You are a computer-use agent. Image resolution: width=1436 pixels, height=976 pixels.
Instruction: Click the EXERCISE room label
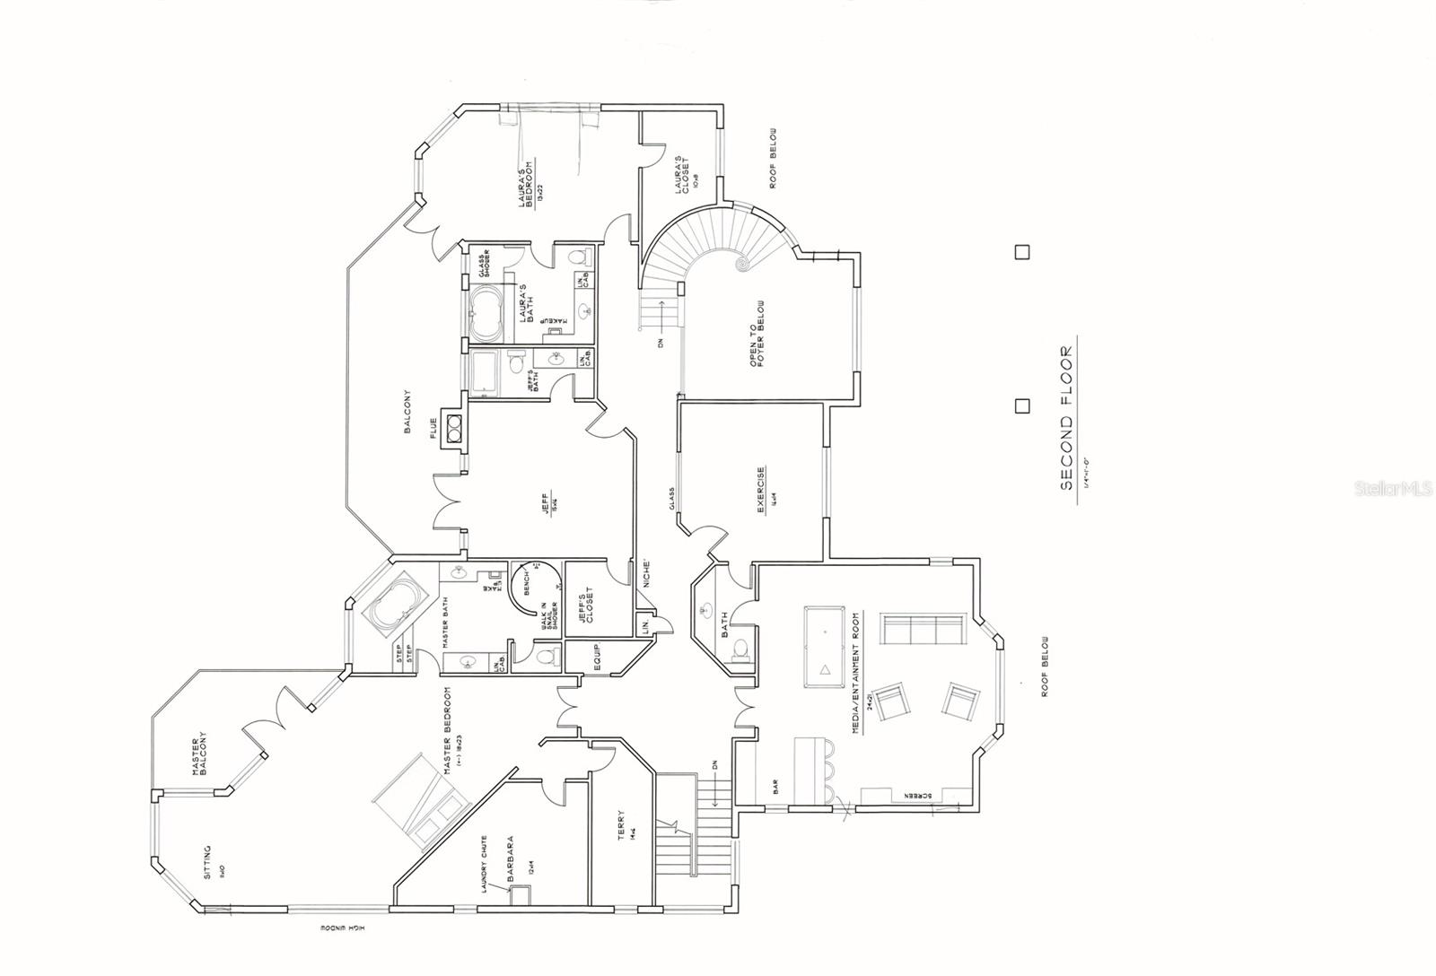point(761,492)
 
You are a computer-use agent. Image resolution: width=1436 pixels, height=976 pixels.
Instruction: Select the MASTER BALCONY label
point(200,754)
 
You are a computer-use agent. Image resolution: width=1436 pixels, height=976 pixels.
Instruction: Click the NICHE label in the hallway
point(646,576)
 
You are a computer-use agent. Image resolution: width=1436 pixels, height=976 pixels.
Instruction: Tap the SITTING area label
point(207,860)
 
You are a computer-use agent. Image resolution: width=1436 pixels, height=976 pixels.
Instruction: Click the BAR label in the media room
point(774,787)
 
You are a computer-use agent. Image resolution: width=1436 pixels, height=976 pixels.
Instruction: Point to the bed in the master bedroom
point(418,802)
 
